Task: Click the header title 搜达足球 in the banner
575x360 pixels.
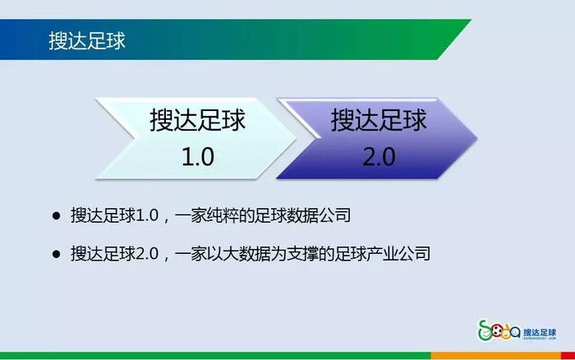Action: click(87, 40)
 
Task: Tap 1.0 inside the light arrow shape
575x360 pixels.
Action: click(198, 157)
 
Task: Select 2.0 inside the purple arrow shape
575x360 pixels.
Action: click(379, 157)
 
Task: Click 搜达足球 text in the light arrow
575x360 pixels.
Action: click(197, 120)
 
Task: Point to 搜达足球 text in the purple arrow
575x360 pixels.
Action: click(379, 120)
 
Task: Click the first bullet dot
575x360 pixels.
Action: click(56, 215)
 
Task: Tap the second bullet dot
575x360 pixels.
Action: click(56, 254)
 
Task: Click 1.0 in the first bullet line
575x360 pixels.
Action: click(147, 215)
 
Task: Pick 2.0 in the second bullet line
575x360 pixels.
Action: click(147, 254)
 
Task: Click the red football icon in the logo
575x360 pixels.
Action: click(497, 333)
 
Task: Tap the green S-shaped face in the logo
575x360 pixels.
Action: click(485, 330)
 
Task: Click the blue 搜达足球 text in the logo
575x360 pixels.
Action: click(540, 333)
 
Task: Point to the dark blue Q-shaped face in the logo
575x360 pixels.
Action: click(515, 333)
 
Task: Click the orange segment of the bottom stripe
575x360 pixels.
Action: click(496, 356)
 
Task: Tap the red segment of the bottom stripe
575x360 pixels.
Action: click(568, 356)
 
